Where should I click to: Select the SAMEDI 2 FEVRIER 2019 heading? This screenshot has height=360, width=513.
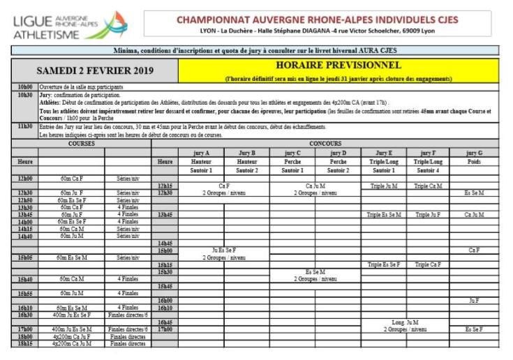click(x=94, y=71)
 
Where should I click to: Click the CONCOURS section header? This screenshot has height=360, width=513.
click(x=325, y=143)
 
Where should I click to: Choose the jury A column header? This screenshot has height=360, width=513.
click(x=201, y=152)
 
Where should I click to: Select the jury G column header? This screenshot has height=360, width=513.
click(x=474, y=152)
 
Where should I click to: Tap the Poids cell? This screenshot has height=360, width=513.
click(x=474, y=161)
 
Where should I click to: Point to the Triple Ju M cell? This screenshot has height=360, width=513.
click(x=384, y=186)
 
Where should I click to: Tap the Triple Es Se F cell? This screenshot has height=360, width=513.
click(x=384, y=264)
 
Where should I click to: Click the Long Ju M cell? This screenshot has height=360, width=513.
click(x=405, y=322)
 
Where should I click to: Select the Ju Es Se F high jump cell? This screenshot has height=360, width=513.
click(x=223, y=250)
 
